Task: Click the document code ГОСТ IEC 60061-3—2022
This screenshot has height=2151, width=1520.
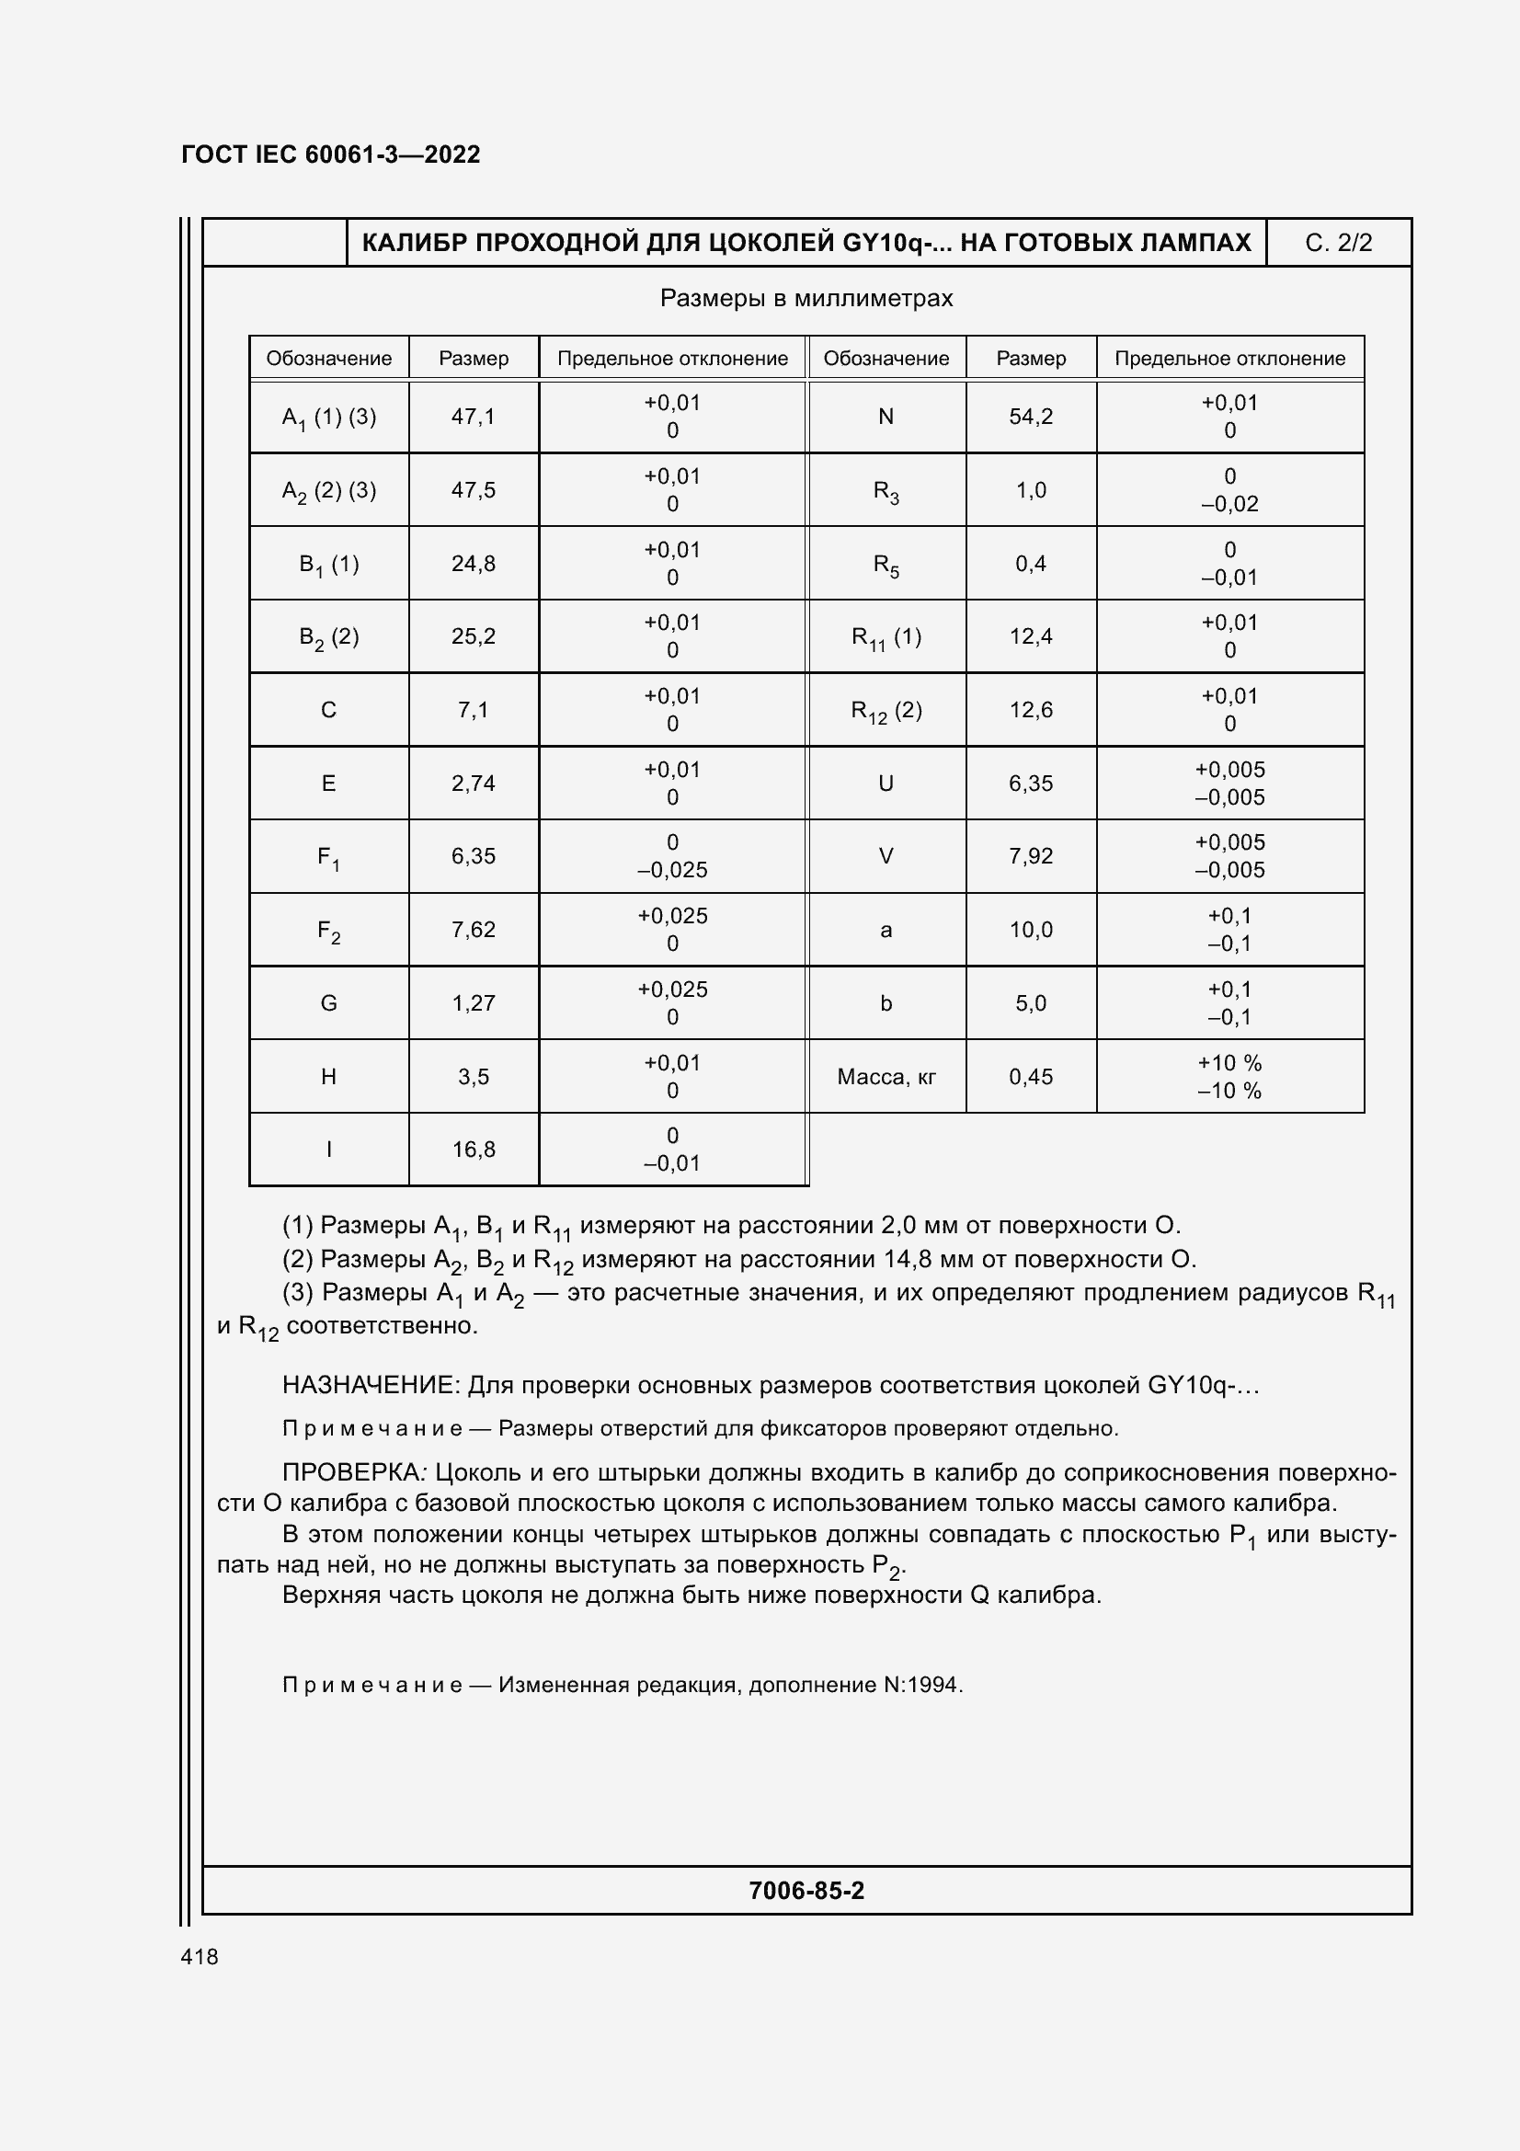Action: [x=331, y=154]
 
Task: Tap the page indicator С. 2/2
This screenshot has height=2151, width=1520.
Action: [x=1337, y=243]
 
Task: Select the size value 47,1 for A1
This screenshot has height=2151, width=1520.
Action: [x=473, y=416]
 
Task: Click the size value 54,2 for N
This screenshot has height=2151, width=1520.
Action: [x=1030, y=416]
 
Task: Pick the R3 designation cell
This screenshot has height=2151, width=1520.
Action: [x=886, y=491]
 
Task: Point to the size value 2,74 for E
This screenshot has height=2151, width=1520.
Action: [x=473, y=784]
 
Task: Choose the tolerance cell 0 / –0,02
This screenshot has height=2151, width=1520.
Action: [x=1229, y=490]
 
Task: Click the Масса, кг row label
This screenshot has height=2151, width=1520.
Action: [x=886, y=1077]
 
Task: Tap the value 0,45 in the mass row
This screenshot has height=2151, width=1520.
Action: [x=1030, y=1077]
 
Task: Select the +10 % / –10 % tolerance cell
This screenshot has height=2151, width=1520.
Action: [x=1229, y=1077]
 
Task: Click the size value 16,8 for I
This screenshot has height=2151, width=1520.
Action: [x=473, y=1150]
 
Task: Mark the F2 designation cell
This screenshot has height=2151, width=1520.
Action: [x=328, y=931]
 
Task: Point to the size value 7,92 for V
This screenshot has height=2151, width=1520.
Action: [x=1030, y=856]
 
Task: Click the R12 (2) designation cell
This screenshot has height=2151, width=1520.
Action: [x=886, y=710]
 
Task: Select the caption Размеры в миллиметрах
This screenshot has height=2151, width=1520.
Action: [x=806, y=298]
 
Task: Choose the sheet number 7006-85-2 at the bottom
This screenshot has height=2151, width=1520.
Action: [x=806, y=1890]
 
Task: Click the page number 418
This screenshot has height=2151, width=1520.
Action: [x=200, y=1956]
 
